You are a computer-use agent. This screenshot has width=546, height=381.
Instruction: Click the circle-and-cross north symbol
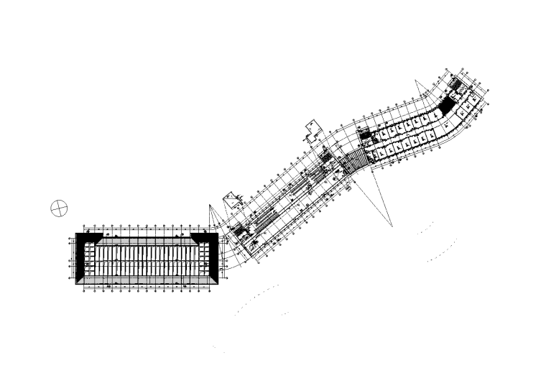59,208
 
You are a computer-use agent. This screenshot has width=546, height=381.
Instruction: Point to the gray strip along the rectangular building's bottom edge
147,281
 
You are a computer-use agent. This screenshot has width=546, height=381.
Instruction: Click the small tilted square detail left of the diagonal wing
232,198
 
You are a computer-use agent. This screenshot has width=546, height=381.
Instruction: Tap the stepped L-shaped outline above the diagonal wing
313,129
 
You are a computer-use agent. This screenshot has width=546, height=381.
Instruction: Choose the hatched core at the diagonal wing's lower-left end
237,231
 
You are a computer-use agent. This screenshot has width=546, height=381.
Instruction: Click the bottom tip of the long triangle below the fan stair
393,227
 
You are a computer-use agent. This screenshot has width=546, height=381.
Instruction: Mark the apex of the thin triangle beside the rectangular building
210,206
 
